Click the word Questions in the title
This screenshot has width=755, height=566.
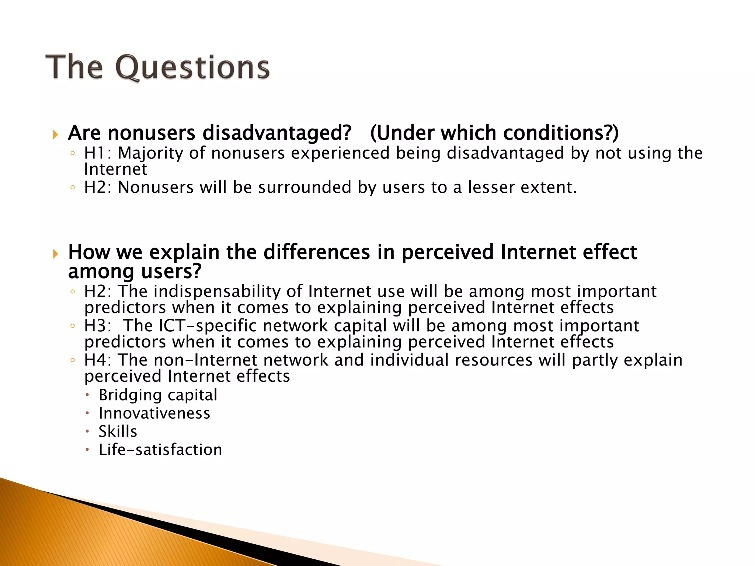(x=192, y=68)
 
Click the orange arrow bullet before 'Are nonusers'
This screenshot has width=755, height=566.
(x=56, y=134)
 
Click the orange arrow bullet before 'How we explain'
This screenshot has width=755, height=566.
(x=56, y=254)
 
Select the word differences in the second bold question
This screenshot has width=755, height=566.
(x=317, y=253)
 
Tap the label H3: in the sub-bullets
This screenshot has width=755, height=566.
(x=97, y=326)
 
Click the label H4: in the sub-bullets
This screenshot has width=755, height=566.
(x=97, y=360)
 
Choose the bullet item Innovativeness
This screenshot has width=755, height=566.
(x=154, y=413)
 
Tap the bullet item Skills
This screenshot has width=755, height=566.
(x=118, y=432)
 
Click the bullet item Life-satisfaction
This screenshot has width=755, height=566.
(x=160, y=450)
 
